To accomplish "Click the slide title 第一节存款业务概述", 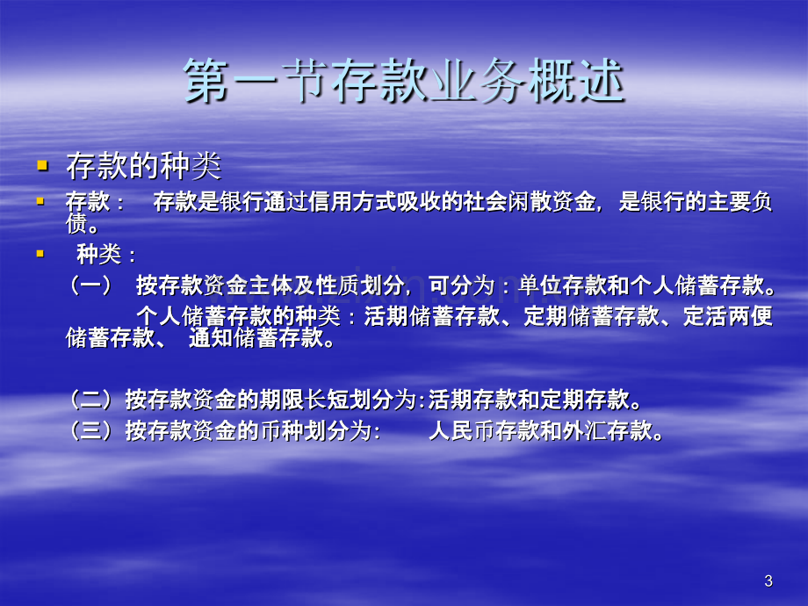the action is (x=404, y=81).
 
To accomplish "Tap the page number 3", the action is (x=768, y=581).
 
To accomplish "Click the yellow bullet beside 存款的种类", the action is (x=42, y=165).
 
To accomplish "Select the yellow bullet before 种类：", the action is (x=40, y=254).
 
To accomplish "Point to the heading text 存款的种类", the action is (x=144, y=166).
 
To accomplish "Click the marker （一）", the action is (x=90, y=285).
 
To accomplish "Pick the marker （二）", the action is (x=90, y=400).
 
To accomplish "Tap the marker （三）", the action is (x=90, y=430).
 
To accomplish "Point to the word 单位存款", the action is (x=562, y=285).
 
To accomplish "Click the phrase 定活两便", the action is (x=727, y=316).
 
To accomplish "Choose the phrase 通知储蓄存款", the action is (x=256, y=338).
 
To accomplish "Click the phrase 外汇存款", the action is (x=607, y=430).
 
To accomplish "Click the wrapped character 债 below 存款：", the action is (x=76, y=223).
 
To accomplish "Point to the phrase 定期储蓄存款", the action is (x=591, y=316).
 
